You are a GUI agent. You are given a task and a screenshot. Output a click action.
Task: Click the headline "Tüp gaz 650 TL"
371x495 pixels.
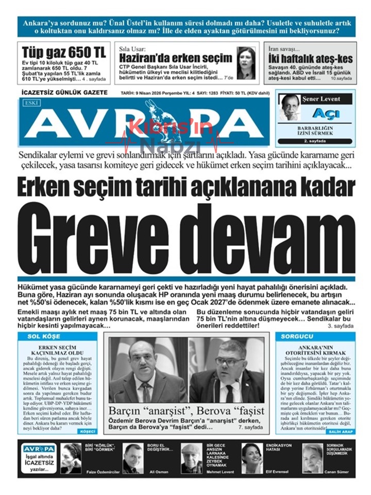coord(64,53)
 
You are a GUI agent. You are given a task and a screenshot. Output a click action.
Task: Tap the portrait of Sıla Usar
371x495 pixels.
coord(246,62)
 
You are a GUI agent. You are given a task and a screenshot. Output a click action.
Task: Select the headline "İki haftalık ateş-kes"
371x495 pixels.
coord(311,59)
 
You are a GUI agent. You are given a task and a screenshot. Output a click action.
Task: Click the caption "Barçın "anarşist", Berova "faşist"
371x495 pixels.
coord(186,411)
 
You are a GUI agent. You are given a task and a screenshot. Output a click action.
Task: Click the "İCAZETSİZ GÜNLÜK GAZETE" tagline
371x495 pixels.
coord(64,92)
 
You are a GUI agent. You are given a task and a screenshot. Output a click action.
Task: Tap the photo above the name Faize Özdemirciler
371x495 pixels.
coord(71,457)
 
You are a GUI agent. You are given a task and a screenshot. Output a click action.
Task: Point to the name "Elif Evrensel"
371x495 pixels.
coord(278,471)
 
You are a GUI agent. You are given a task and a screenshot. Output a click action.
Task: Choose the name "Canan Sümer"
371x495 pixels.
coord(338,471)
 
